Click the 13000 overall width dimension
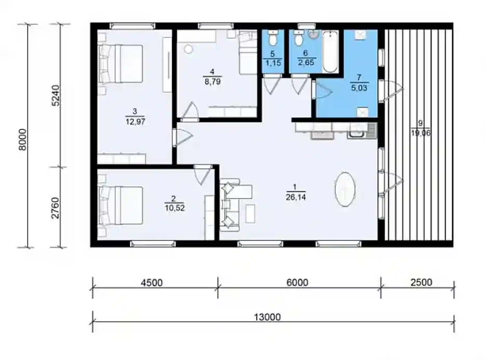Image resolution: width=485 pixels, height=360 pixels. click(x=267, y=317)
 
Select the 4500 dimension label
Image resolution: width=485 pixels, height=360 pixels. click(x=152, y=283)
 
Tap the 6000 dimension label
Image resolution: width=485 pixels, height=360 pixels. click(x=297, y=283)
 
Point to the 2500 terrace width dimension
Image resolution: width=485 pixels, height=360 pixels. click(x=421, y=282)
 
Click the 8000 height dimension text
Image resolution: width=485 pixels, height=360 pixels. click(x=23, y=139)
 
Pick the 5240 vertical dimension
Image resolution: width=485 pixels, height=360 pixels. click(x=56, y=96)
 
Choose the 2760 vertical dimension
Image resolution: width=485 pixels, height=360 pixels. click(x=55, y=208)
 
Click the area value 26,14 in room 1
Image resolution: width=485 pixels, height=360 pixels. click(x=296, y=197)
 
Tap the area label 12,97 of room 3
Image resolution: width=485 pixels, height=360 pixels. click(x=135, y=122)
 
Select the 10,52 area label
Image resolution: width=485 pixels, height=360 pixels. click(x=175, y=208)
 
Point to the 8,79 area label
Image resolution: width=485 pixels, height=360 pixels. click(x=213, y=82)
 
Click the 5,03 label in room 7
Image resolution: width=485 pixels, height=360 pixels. click(x=359, y=88)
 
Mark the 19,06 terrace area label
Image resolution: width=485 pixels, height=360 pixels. click(x=421, y=133)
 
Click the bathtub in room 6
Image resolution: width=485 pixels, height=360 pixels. click(x=330, y=51)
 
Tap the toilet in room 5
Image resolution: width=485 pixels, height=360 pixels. click(x=272, y=38)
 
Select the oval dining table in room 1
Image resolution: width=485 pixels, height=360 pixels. click(x=345, y=189)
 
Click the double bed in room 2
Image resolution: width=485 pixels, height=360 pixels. click(x=121, y=205)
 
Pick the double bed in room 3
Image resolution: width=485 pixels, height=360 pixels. click(x=121, y=64)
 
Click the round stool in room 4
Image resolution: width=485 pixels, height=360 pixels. click(x=188, y=49)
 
